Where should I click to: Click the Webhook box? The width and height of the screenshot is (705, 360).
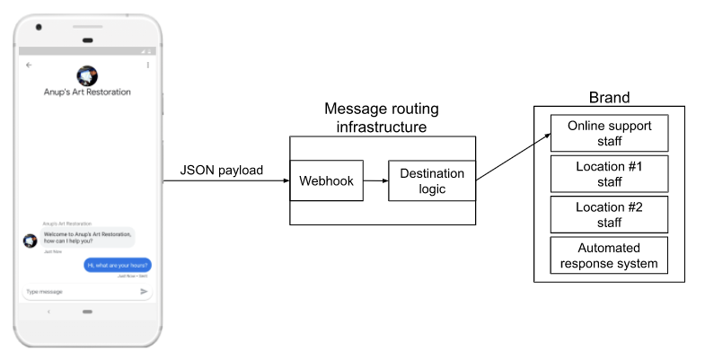327,181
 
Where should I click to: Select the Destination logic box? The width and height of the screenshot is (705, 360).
432,181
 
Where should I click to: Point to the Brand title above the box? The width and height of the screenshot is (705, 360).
609,98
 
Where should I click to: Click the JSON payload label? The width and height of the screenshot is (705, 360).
223,170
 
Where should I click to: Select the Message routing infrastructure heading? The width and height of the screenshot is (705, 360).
382,118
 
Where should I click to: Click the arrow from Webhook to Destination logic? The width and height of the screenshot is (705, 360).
375,181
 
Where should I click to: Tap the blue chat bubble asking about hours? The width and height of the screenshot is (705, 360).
118,265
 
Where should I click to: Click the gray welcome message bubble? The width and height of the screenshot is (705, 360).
88,238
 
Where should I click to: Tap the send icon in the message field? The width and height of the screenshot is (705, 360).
144,292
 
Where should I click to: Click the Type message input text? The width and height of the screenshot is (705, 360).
45,292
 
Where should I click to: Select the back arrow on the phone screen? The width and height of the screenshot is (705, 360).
29,66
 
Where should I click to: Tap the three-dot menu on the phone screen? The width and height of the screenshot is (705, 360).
147,66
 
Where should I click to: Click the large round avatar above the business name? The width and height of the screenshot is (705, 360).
87,75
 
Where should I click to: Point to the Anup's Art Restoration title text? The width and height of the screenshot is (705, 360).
87,92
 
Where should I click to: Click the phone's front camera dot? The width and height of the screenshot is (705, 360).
39,27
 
